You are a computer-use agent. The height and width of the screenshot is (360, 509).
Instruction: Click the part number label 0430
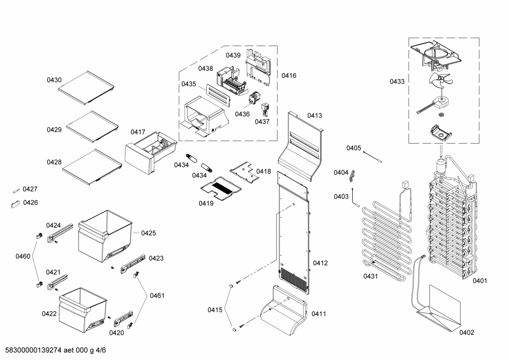[x=54, y=80]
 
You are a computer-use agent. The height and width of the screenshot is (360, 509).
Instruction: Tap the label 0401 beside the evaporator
[x=480, y=281]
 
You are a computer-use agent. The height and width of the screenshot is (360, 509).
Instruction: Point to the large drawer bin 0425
[x=104, y=235]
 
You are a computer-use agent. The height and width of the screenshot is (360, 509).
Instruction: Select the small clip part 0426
[x=16, y=204]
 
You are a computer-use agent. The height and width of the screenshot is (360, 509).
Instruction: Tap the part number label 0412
[x=320, y=263]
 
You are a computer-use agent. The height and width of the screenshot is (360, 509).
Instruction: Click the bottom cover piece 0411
[x=283, y=311]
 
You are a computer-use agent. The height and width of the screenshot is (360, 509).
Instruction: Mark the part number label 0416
[x=289, y=76]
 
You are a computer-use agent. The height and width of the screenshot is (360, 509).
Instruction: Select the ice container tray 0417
[x=150, y=152]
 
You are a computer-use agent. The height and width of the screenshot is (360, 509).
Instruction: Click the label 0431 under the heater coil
[x=371, y=276]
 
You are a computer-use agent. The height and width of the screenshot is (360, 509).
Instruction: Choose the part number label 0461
[x=157, y=296]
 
